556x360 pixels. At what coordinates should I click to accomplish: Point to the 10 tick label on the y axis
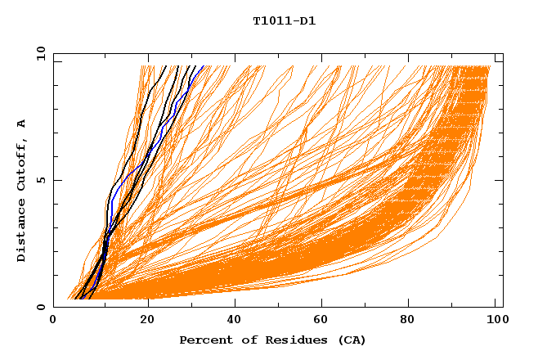[40, 53]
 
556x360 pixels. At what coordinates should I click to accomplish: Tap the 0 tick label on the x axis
[53, 320]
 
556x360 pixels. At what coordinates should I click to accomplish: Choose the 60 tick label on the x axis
[323, 320]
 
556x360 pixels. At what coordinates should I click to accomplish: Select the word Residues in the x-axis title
[288, 340]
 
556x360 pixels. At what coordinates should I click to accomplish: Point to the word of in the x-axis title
[246, 340]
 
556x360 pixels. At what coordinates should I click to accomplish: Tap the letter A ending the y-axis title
[21, 124]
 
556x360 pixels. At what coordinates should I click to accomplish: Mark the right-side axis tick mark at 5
[500, 180]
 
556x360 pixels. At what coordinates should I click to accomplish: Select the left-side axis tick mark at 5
[56, 180]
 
